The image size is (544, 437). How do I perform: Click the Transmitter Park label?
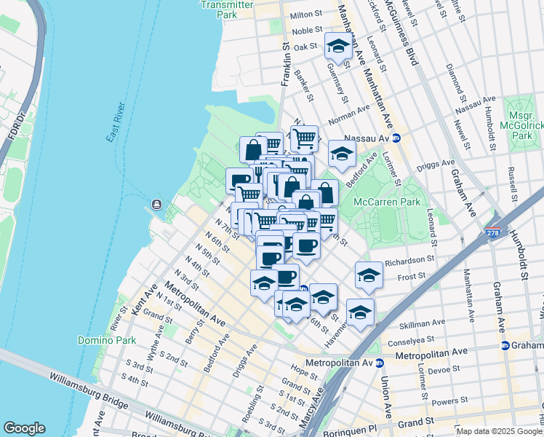pyautogui.click(x=227, y=9)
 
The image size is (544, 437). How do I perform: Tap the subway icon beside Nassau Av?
pyautogui.click(x=396, y=138)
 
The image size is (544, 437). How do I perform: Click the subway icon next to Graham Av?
pyautogui.click(x=505, y=345)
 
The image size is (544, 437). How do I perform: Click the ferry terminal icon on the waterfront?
pyautogui.click(x=156, y=205)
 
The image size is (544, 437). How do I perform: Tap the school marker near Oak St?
pyautogui.click(x=337, y=47)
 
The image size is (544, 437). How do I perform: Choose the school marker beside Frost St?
pyautogui.click(x=369, y=275)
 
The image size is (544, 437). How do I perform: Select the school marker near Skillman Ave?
pyautogui.click(x=360, y=312)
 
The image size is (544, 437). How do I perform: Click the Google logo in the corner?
pyautogui.click(x=24, y=428)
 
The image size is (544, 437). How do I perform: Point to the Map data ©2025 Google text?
pyautogui.click(x=498, y=431)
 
